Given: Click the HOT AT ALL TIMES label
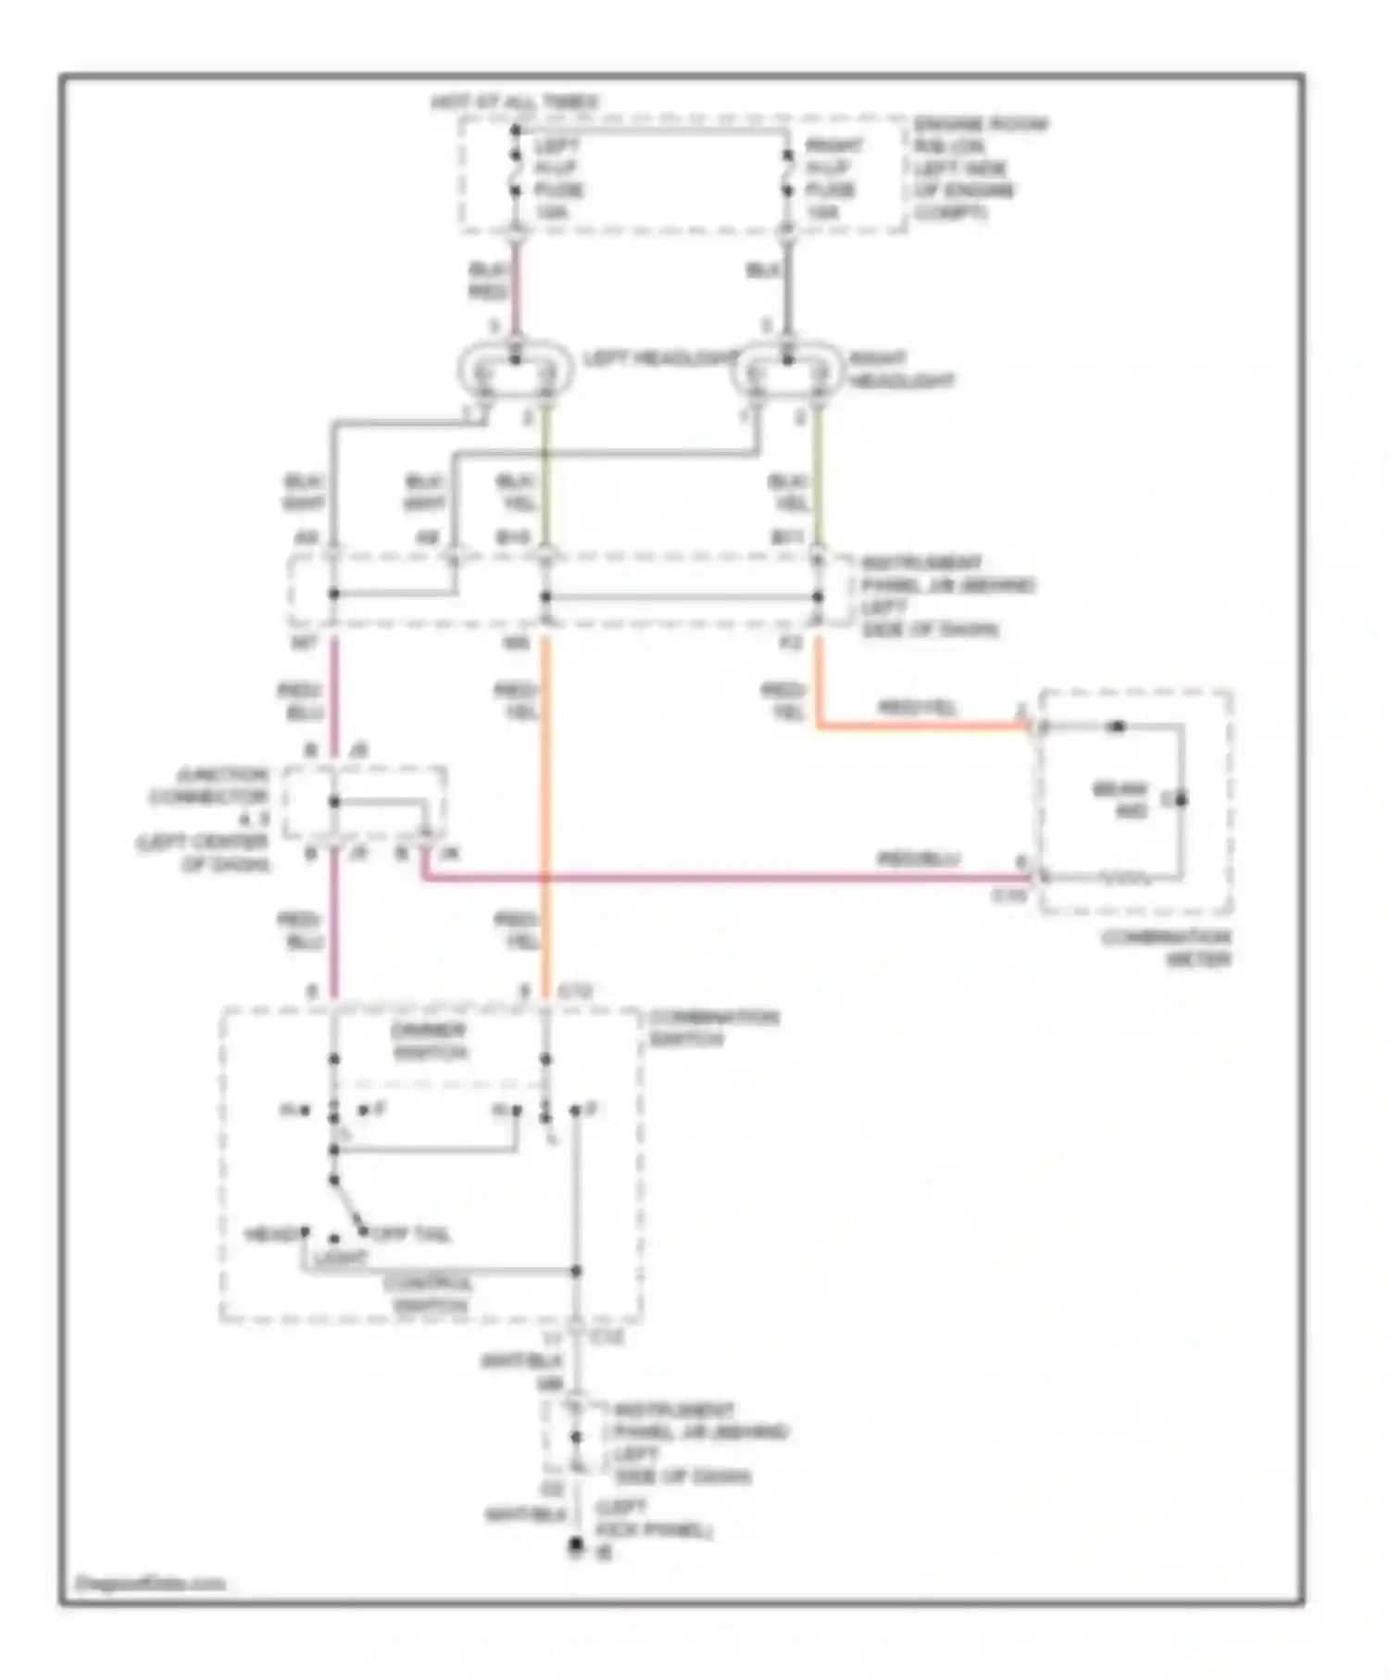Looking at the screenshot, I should coord(515,102).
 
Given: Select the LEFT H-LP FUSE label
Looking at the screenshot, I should coord(558,179).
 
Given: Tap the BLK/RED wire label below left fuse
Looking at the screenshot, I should coord(488,281).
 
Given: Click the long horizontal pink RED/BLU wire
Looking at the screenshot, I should coord(722,876).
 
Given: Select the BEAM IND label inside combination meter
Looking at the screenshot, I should coord(1120,800).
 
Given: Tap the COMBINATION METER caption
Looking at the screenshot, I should coord(1166,947).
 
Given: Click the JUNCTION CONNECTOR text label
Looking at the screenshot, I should coord(209,785).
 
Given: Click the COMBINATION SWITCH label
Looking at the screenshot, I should coord(713,1027).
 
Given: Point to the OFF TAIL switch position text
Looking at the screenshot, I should coord(410,1235).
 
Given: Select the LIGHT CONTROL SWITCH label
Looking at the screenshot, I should coord(429,1294).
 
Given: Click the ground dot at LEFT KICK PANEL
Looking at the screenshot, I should coord(576,1544).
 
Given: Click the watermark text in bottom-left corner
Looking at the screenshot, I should coord(151,1584).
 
